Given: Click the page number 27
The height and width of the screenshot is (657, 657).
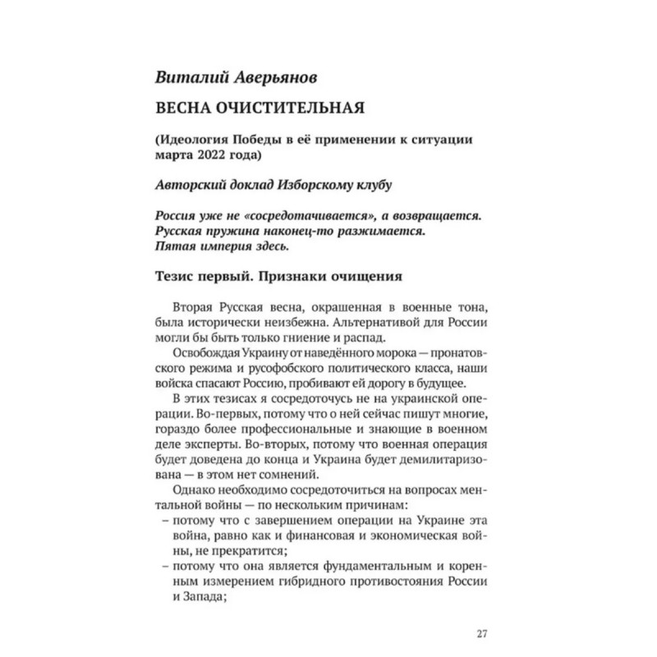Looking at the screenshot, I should click(x=482, y=633).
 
